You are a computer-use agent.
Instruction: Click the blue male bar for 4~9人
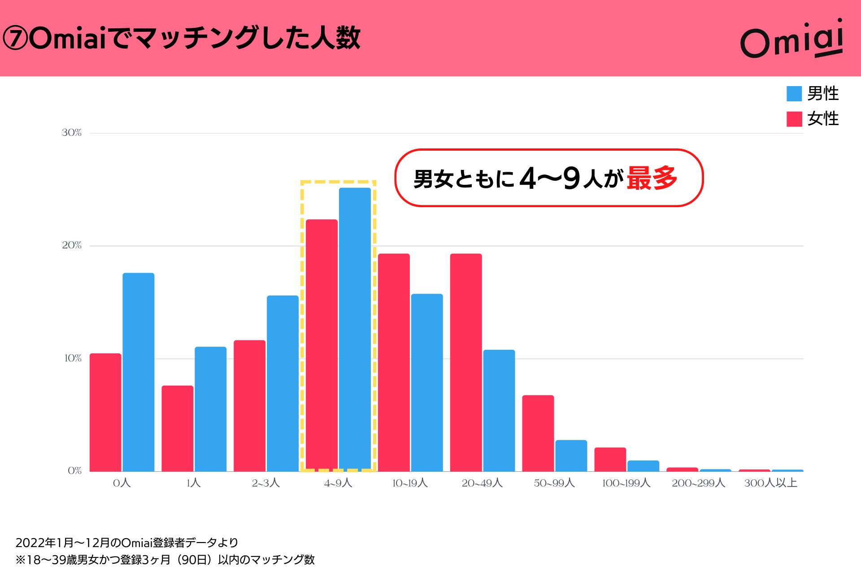355,330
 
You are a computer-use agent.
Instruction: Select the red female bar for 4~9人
322,345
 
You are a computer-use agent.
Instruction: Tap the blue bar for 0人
138,372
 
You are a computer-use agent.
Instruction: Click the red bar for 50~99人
538,433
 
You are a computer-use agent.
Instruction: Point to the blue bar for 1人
210,409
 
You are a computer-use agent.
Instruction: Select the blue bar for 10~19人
426,383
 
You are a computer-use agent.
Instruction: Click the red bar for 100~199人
610,459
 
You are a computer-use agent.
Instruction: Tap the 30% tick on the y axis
72,133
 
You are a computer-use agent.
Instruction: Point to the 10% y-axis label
73,358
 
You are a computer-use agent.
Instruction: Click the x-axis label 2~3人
265,483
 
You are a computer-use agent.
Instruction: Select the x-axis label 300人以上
770,483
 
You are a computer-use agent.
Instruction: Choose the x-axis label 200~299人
698,483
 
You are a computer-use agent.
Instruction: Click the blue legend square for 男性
794,94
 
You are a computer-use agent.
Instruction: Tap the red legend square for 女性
794,119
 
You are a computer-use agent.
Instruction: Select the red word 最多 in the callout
652,178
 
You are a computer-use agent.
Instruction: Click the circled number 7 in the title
15,39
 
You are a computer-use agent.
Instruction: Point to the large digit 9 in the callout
572,178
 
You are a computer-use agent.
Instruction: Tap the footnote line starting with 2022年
127,543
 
